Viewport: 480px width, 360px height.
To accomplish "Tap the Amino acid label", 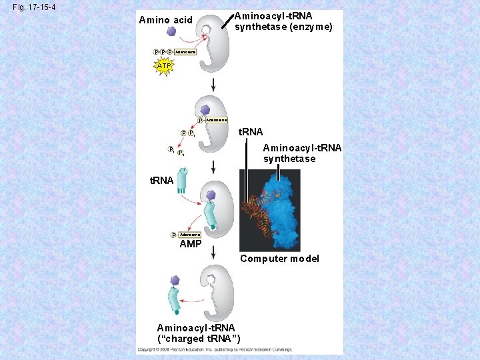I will [x=165, y=20].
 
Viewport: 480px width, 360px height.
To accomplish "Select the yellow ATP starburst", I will [x=164, y=66].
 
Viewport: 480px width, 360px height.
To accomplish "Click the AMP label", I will [x=191, y=244].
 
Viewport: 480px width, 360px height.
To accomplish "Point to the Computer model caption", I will [x=279, y=259].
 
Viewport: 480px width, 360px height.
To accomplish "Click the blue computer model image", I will [x=270, y=210].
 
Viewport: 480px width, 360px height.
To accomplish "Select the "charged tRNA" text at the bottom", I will [x=198, y=339].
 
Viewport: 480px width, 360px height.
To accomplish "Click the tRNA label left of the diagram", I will [x=161, y=181].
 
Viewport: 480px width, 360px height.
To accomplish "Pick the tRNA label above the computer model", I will [x=251, y=133].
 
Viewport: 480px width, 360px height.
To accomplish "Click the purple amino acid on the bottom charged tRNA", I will [x=175, y=281].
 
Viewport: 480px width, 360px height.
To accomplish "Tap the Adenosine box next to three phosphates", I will [x=185, y=51].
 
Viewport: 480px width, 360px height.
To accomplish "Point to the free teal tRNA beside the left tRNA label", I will [x=183, y=180].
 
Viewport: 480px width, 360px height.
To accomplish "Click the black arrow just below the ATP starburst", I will [x=213, y=85].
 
